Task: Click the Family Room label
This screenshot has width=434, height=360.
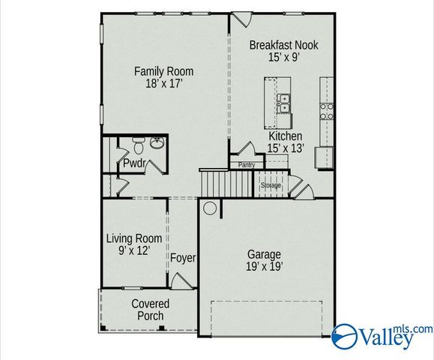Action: pyautogui.click(x=163, y=71)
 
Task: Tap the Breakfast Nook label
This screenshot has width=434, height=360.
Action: pyautogui.click(x=283, y=45)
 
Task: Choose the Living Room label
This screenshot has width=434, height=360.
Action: pyautogui.click(x=133, y=238)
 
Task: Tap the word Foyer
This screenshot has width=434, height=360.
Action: pyautogui.click(x=183, y=258)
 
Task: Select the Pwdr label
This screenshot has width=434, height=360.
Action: pyautogui.click(x=133, y=163)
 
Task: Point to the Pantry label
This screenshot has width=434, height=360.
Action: pyautogui.click(x=247, y=165)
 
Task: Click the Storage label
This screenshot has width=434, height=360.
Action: pyautogui.click(x=271, y=184)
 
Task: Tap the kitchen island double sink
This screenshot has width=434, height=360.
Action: pyautogui.click(x=285, y=103)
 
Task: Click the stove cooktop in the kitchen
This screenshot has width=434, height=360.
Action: pyautogui.click(x=328, y=111)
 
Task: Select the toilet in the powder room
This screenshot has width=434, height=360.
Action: pyautogui.click(x=138, y=144)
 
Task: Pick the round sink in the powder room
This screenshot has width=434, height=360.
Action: pyautogui.click(x=157, y=143)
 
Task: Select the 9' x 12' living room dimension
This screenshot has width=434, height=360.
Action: pyautogui.click(x=133, y=251)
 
